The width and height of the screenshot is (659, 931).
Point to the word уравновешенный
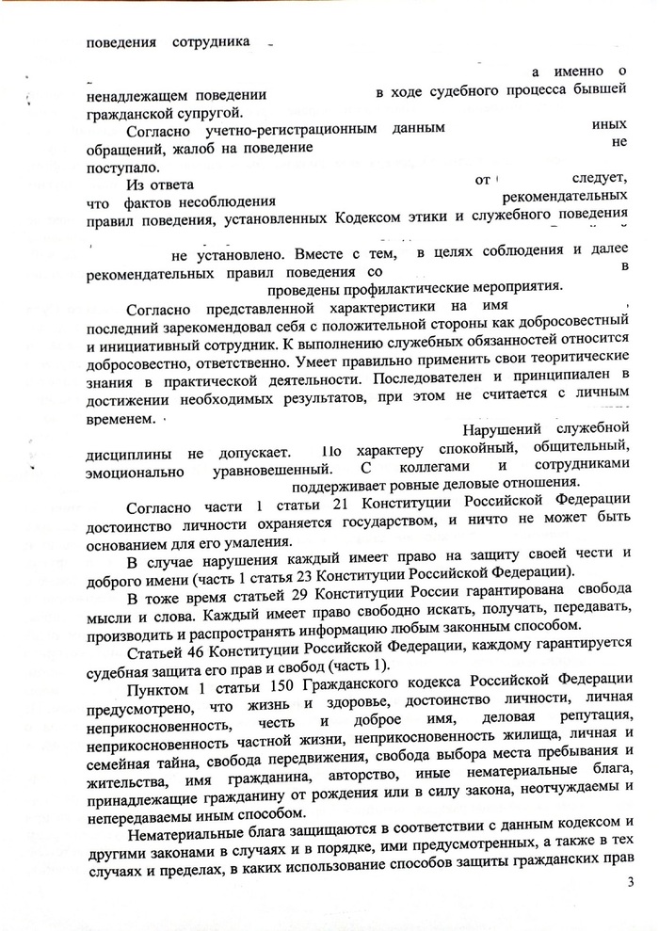268,466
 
